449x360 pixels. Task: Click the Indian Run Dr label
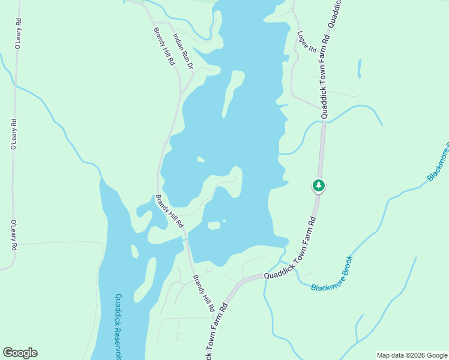click(x=183, y=51)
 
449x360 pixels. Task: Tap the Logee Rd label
click(x=306, y=41)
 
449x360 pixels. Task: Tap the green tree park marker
click(x=319, y=185)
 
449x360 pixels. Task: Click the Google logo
click(x=20, y=353)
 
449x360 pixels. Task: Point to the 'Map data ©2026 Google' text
click(x=412, y=355)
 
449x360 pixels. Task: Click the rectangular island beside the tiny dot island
click(x=214, y=226)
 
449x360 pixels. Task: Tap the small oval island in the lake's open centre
click(x=200, y=159)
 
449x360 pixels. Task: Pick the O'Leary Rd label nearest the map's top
click(x=18, y=33)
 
